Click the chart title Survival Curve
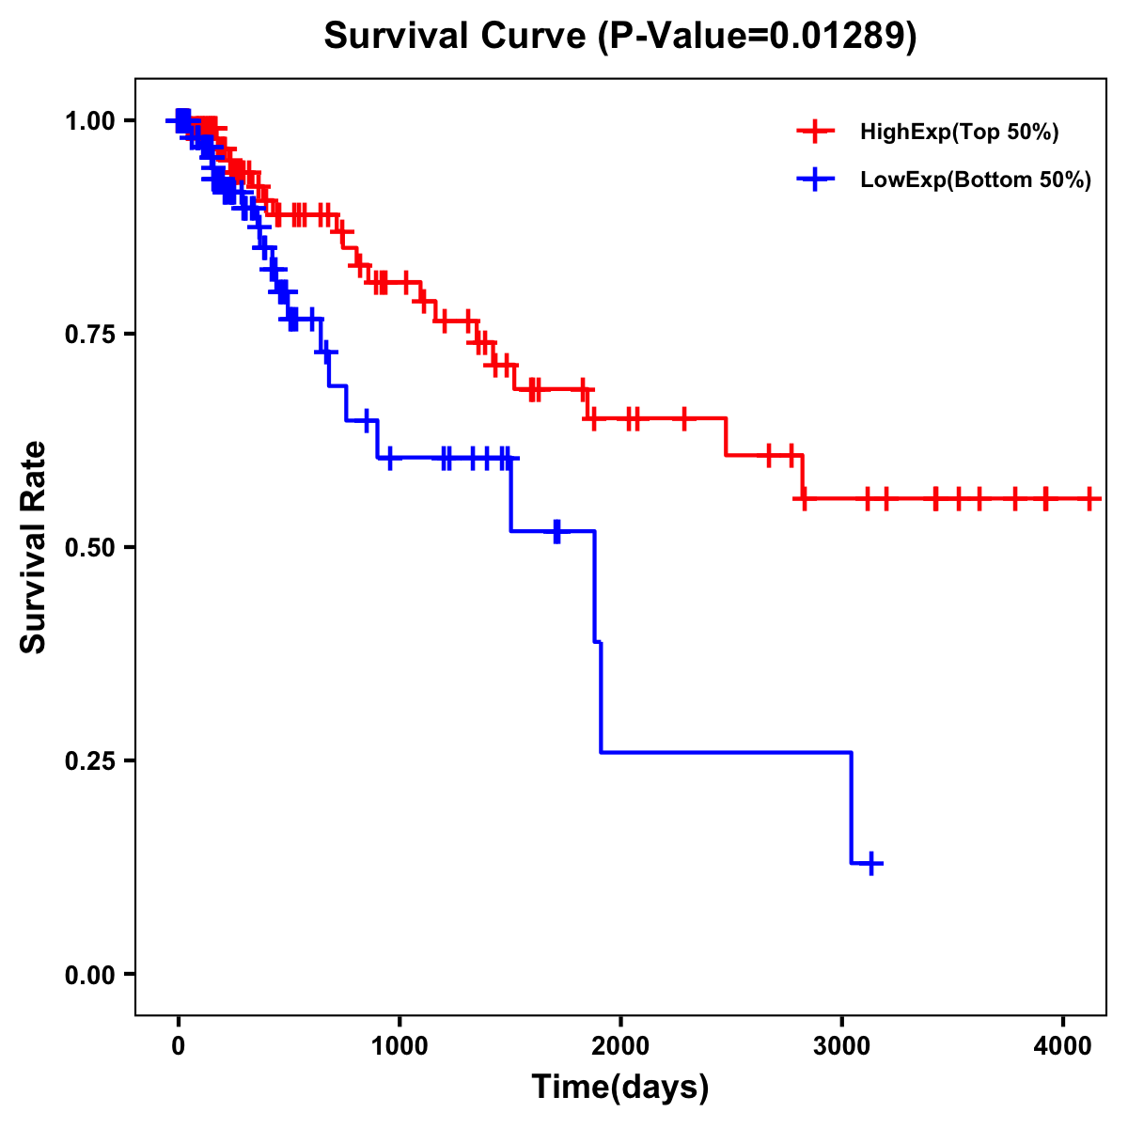pyautogui.click(x=459, y=37)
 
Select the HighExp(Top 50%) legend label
pyautogui.click(x=959, y=133)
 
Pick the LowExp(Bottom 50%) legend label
pyautogui.click(x=976, y=180)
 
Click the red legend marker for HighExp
pyautogui.click(x=815, y=132)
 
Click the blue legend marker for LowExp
pyautogui.click(x=815, y=180)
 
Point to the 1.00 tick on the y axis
pyautogui.click(x=89, y=120)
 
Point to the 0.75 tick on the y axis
pyautogui.click(x=89, y=334)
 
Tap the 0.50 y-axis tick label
pyautogui.click(x=89, y=547)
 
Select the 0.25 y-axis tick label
pyautogui.click(x=89, y=760)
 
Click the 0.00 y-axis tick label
pyautogui.click(x=89, y=974)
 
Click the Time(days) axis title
pyautogui.click(x=620, y=1088)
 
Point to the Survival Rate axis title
pyautogui.click(x=34, y=546)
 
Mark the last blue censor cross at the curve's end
pyautogui.click(x=872, y=863)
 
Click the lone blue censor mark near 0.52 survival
pyautogui.click(x=557, y=531)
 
